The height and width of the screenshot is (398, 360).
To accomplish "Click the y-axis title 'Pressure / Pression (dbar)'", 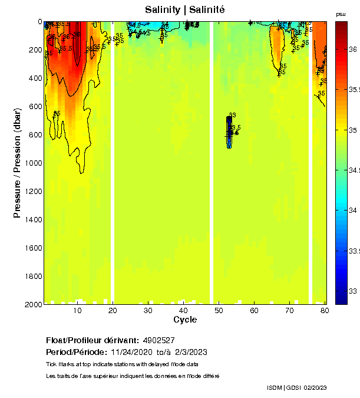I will [18, 163].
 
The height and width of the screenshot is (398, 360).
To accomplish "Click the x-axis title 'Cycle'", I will [185, 320].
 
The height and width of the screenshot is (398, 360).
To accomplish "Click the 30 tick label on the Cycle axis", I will [149, 310].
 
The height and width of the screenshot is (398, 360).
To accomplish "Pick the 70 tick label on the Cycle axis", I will [289, 310].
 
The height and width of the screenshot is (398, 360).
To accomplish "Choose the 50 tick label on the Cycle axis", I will [219, 310].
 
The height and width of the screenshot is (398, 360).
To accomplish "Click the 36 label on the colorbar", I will [354, 50].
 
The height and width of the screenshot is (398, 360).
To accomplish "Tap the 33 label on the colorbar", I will [354, 291].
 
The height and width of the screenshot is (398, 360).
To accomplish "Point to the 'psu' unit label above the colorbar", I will [341, 14].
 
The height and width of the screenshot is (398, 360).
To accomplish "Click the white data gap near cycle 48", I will [212, 162].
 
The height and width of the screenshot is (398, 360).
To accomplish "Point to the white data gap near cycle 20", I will [113, 162].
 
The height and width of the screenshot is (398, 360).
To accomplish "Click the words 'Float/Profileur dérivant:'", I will [93, 341].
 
